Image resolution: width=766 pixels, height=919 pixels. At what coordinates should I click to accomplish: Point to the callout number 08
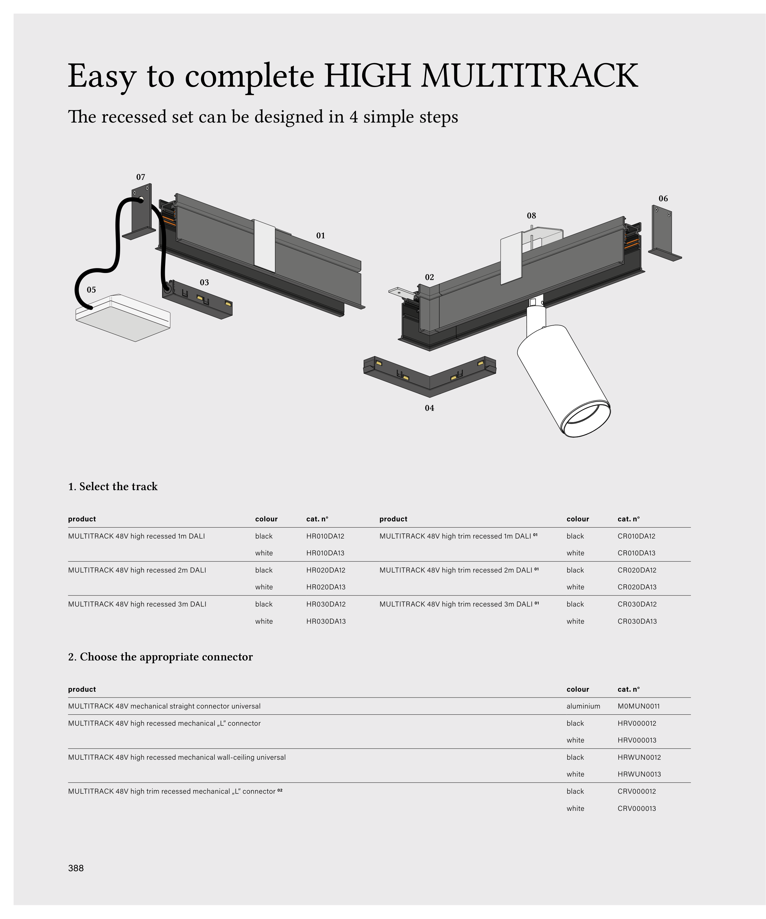pos(531,216)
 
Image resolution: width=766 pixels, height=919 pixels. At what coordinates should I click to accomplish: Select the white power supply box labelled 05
pos(123,318)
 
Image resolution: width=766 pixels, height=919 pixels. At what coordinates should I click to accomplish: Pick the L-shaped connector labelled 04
pos(429,376)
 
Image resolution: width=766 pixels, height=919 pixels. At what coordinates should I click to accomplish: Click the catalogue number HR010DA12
pos(325,536)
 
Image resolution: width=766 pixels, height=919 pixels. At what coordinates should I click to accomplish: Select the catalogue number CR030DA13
pos(637,622)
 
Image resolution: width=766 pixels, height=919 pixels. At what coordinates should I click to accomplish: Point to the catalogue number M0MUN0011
pos(639,706)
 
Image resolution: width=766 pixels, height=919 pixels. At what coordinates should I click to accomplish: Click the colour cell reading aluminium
pos(583,706)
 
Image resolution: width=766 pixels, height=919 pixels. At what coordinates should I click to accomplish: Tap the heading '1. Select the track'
pos(113,487)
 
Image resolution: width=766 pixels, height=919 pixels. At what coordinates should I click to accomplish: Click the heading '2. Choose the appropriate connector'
pos(161,657)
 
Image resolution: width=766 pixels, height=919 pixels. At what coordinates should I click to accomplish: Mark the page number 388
pos(76,868)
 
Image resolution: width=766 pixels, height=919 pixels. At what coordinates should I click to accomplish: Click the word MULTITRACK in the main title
pos(529,76)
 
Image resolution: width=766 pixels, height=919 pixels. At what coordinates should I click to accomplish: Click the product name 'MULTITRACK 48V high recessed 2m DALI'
pos(137,570)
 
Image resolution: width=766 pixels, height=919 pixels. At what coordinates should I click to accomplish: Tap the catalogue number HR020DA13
pos(326,587)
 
